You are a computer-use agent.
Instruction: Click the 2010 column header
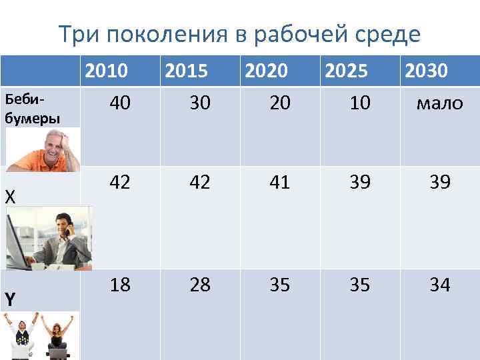[108, 71]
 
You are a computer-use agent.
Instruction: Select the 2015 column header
[186, 71]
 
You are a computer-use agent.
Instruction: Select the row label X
[9, 197]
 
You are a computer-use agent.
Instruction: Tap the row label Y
[10, 300]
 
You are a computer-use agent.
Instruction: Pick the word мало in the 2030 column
[439, 103]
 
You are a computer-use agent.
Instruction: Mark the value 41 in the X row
[280, 182]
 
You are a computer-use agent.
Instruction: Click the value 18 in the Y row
[120, 285]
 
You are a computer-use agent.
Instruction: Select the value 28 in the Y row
[200, 285]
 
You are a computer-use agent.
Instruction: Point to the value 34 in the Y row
[439, 285]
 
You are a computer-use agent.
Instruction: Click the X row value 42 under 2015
[200, 182]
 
